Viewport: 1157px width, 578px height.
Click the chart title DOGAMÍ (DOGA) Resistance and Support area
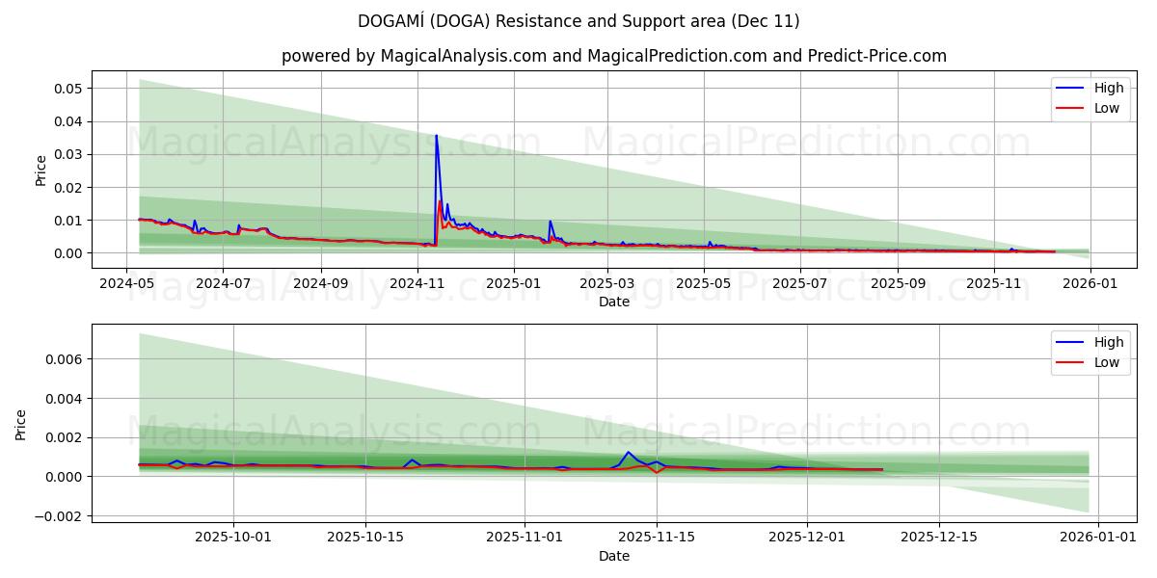(x=578, y=21)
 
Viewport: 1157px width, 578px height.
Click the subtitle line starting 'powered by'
(x=613, y=56)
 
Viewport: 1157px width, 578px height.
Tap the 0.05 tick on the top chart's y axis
(x=67, y=89)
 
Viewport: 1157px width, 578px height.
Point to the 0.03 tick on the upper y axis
(x=67, y=154)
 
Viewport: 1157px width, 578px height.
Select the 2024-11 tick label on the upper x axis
(x=417, y=284)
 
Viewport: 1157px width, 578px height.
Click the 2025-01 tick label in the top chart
(x=513, y=284)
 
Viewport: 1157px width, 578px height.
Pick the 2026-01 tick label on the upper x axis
(x=1090, y=284)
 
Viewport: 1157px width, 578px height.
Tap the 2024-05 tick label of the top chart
(x=126, y=284)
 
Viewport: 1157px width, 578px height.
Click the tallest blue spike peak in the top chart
(x=436, y=136)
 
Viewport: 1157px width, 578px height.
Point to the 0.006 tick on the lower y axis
(x=64, y=359)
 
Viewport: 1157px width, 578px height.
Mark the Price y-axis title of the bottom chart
(x=21, y=425)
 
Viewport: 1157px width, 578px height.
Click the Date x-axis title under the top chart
(x=613, y=302)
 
